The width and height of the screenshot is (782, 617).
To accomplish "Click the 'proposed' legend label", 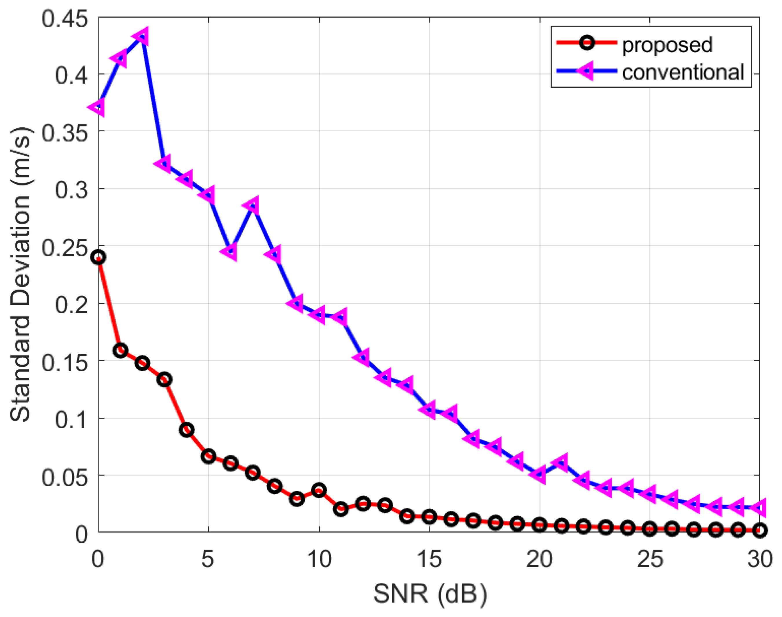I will click(x=667, y=45).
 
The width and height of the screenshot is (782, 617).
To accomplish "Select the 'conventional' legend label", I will click(x=683, y=72).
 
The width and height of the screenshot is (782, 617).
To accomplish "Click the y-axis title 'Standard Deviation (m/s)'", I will click(x=20, y=275).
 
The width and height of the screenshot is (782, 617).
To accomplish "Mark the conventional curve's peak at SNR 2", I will click(x=142, y=36).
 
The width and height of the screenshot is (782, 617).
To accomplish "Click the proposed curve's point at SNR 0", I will click(x=99, y=257).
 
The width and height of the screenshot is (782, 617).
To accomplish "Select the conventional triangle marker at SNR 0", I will click(x=98, y=107).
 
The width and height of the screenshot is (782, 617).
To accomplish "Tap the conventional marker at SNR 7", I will click(x=252, y=206).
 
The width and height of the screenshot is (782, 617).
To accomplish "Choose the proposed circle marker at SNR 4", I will click(x=186, y=430).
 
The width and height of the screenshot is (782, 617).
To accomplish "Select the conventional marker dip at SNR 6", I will click(x=230, y=251).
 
